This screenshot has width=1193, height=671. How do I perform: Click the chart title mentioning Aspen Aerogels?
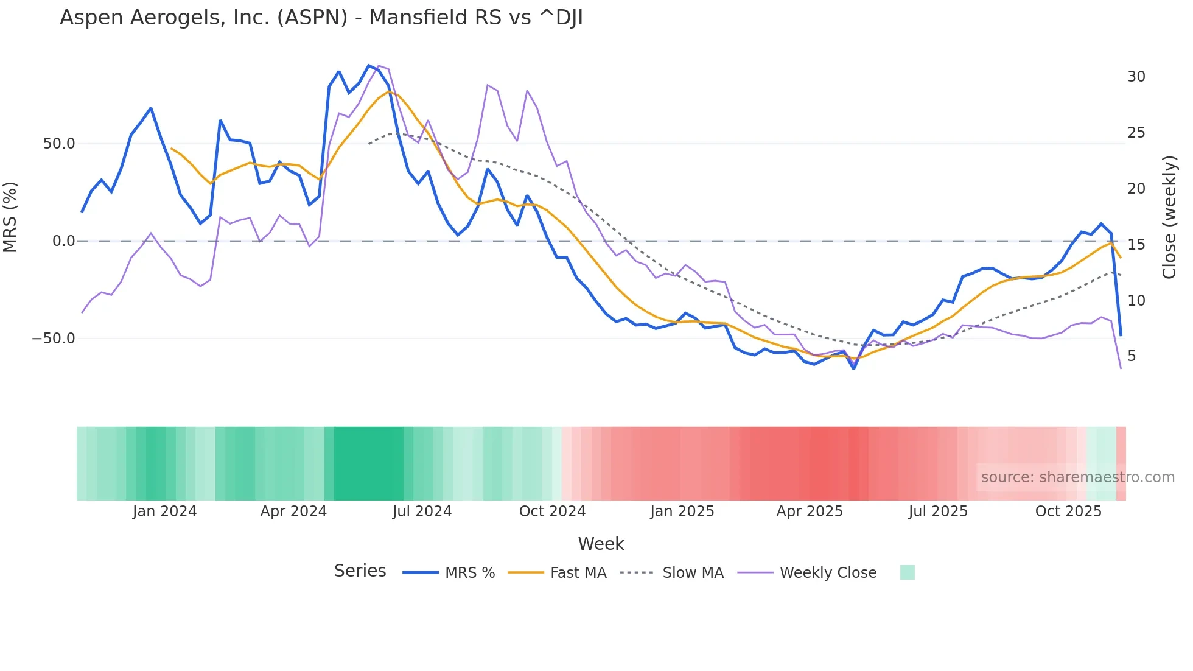coord(321,18)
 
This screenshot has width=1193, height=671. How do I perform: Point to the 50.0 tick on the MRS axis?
coord(59,144)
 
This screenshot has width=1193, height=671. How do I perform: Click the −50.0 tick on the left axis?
coord(54,339)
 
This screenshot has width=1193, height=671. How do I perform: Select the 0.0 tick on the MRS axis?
coord(63,241)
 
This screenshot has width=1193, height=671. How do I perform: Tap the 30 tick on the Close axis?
coord(1136,77)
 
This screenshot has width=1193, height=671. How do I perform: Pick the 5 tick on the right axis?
coord(1131,356)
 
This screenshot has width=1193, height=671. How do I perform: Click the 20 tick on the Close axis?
coord(1136,189)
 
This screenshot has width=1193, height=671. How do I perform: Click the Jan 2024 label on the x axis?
coord(164,511)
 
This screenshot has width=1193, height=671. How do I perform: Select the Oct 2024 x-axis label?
coord(552,511)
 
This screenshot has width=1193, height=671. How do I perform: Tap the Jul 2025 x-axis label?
coord(938,511)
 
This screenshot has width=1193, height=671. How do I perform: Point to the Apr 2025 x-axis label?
coord(810,511)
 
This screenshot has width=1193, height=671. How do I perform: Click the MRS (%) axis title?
coord(10,217)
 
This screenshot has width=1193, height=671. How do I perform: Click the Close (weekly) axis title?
coord(1169,217)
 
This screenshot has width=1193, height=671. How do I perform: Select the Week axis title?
coord(601,544)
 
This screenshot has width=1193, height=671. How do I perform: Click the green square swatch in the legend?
coord(907,572)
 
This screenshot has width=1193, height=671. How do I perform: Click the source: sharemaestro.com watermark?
coord(1077,477)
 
